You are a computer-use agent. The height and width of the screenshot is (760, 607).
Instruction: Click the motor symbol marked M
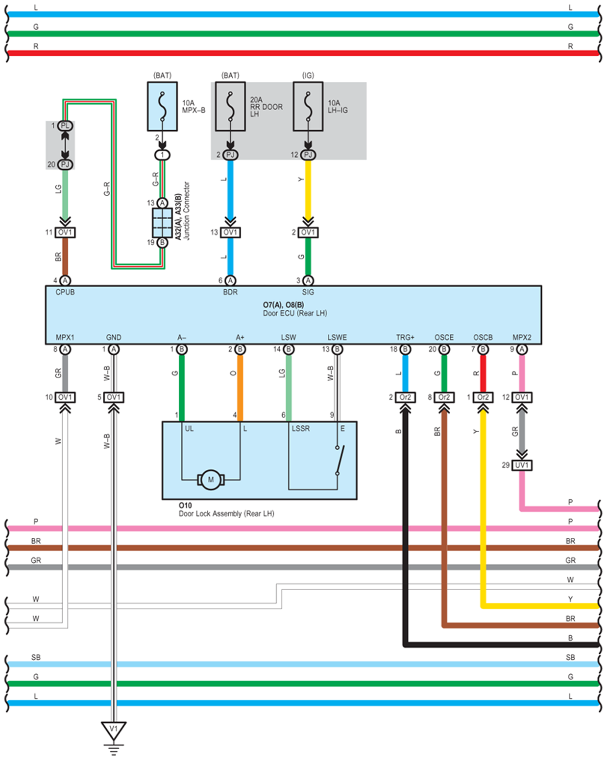(211, 480)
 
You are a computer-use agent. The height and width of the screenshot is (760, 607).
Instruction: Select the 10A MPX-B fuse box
(162, 106)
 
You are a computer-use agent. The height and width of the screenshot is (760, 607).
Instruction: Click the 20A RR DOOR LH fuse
(230, 106)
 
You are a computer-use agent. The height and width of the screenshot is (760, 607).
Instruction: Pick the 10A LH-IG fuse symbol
(308, 106)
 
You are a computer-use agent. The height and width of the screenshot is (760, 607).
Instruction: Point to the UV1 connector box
(522, 465)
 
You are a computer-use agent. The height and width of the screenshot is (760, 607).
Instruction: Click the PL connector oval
(65, 126)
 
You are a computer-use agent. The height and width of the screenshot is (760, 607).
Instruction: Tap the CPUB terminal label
(65, 292)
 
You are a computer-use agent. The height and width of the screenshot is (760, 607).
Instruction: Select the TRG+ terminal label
(405, 337)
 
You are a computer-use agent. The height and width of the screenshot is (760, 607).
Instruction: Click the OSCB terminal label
(483, 337)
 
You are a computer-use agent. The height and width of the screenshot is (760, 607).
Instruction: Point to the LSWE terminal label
(337, 337)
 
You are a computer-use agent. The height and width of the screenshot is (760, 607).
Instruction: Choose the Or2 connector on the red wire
(483, 397)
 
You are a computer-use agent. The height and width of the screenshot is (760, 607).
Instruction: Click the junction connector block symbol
(162, 223)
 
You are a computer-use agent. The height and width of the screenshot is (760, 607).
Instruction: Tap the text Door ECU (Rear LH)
(295, 313)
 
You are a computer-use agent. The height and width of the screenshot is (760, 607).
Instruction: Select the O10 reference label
(185, 506)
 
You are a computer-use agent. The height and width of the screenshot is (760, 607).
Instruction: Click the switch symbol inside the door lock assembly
(340, 461)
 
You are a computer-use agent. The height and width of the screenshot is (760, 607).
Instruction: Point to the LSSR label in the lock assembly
(301, 428)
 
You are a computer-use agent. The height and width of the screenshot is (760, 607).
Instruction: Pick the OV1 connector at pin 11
(65, 232)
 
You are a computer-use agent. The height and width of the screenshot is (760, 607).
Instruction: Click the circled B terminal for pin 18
(405, 349)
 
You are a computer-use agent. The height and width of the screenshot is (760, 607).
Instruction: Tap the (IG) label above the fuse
(308, 75)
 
